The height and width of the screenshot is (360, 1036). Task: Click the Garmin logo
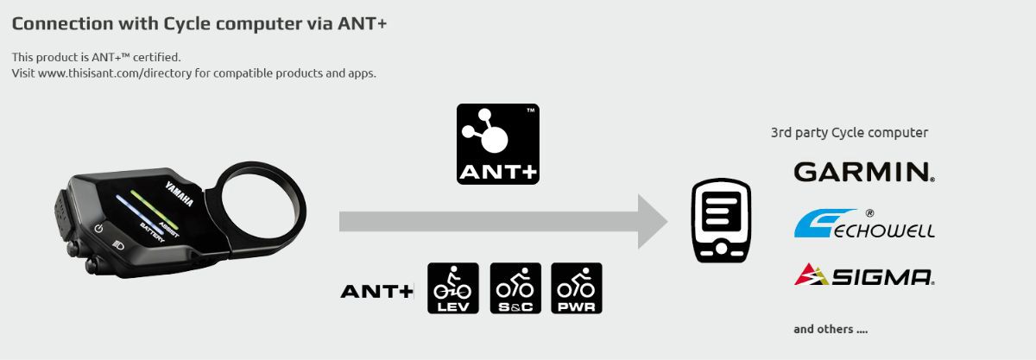coord(863,172)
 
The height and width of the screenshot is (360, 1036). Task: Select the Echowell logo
coord(863,224)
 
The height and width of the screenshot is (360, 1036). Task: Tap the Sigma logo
coord(863,275)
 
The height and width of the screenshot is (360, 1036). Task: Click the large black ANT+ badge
coord(497,143)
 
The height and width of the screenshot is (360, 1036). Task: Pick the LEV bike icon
coord(453,288)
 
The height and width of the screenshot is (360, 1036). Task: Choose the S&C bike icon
coord(515,288)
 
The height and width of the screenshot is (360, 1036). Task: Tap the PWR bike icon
coord(577,288)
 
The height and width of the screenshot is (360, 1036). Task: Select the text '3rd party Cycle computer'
coord(849,133)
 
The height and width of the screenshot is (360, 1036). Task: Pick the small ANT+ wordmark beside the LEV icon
coord(376,291)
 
